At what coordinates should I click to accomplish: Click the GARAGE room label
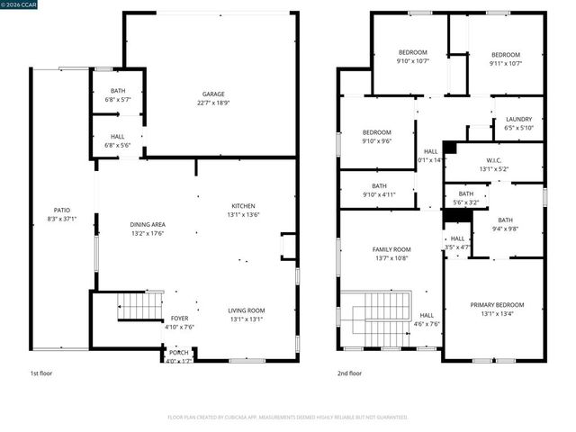coord(213,94)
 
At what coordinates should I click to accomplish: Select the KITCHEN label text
coord(243,205)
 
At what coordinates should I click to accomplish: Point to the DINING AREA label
coord(148,224)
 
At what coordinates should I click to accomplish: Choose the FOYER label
coord(180,319)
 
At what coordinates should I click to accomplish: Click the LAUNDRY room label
coord(518,119)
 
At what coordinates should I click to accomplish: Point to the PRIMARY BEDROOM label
coord(496,304)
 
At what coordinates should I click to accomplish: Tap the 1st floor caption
coord(40,373)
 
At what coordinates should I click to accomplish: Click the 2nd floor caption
coord(350,373)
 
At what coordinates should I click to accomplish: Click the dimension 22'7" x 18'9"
coord(213,103)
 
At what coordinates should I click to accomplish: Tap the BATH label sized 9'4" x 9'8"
coord(505,220)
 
